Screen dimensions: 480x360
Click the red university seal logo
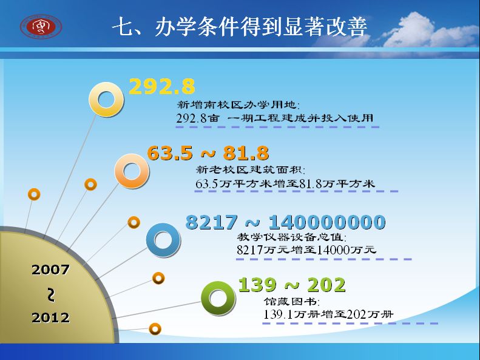[x=41, y=26]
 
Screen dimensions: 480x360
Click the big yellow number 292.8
[x=162, y=87]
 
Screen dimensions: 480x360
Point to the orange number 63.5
[x=170, y=153]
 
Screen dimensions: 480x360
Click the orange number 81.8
[x=246, y=153]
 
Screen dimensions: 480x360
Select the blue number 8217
[x=212, y=222]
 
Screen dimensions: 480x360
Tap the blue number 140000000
[x=327, y=222]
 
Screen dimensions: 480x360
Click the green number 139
[x=257, y=285]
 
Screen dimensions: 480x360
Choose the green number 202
[x=326, y=285]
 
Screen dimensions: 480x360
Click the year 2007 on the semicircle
[x=50, y=270]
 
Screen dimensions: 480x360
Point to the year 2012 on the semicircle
[x=50, y=318]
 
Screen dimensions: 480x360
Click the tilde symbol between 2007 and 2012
[x=51, y=294]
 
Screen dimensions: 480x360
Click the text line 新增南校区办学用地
[x=238, y=105]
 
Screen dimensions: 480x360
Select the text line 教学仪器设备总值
[x=292, y=237]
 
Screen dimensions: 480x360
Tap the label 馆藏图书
[x=292, y=302]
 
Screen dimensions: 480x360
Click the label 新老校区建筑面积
[x=251, y=169]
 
